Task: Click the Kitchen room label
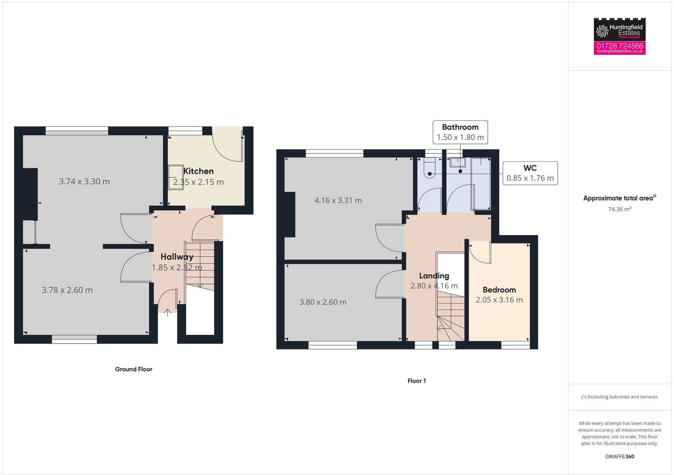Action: click(x=198, y=171)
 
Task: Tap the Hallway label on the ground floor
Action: click(x=177, y=257)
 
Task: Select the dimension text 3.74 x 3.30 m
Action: click(x=84, y=181)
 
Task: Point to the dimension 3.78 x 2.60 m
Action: click(x=67, y=290)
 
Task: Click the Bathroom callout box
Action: click(x=460, y=132)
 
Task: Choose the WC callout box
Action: click(x=530, y=173)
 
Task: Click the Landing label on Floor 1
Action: click(x=434, y=276)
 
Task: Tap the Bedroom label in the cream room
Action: click(x=499, y=290)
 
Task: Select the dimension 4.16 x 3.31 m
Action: click(x=338, y=200)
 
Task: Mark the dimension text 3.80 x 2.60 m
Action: click(x=323, y=302)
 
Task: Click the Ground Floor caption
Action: click(x=134, y=369)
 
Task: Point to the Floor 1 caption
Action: click(x=417, y=381)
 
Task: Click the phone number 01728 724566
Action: click(x=620, y=45)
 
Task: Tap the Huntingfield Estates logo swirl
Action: click(x=602, y=31)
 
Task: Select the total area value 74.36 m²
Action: click(x=619, y=209)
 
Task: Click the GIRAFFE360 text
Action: click(x=619, y=456)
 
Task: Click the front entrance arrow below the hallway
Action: click(x=167, y=312)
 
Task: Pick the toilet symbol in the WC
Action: click(x=429, y=169)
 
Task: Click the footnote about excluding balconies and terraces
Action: click(x=619, y=397)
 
